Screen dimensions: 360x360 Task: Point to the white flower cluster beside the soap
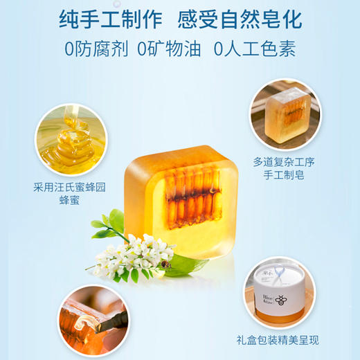coord(135,258)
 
